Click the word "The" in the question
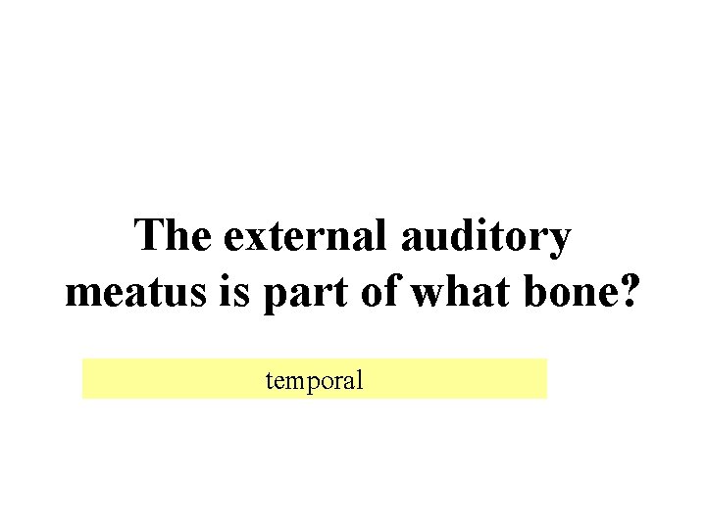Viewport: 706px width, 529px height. (173, 236)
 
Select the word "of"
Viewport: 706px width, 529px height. (372, 293)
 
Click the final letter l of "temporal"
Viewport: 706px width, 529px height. (359, 379)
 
